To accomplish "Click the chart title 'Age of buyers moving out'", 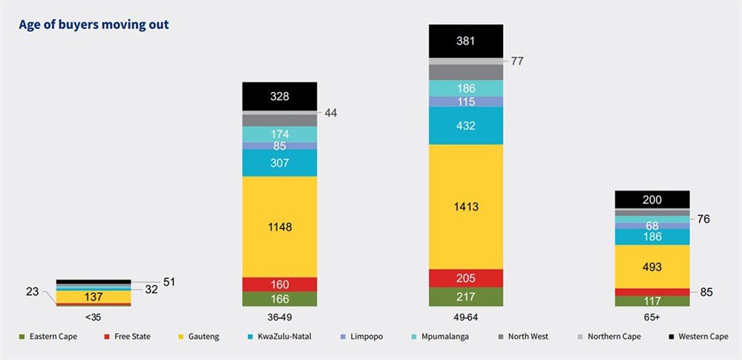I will (x=93, y=25).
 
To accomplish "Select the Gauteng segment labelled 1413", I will (x=466, y=206).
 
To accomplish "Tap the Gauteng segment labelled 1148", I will (x=280, y=226).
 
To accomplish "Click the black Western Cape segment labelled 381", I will (x=466, y=41).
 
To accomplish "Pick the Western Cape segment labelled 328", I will (x=280, y=96).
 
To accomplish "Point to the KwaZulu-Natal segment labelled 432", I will (x=466, y=125).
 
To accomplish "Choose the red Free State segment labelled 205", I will (x=466, y=278).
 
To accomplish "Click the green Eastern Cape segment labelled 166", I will (x=280, y=299).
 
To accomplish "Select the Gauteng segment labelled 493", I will (x=652, y=266).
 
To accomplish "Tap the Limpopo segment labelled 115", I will (x=466, y=102).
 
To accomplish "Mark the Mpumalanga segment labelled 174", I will (x=280, y=134).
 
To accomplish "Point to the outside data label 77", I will (x=517, y=61).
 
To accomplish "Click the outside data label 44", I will (x=331, y=112).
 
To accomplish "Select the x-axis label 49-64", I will (x=466, y=315).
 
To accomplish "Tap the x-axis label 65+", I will (x=652, y=315).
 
